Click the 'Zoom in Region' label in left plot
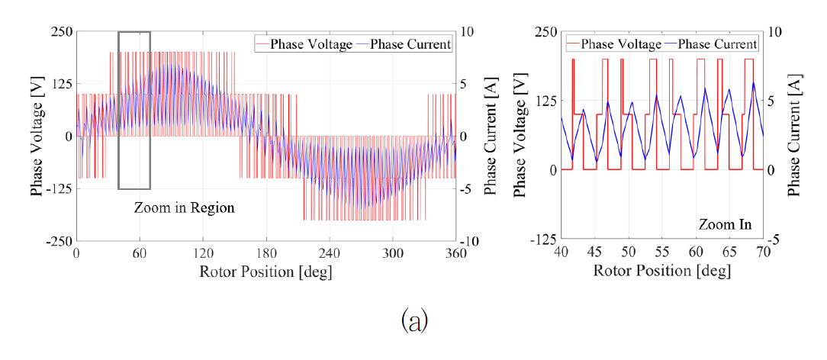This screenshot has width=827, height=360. [x=184, y=207]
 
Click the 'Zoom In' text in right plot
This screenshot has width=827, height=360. [x=725, y=224]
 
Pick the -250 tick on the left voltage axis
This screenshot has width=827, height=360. [x=58, y=241]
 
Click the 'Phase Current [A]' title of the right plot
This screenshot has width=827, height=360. [x=795, y=136]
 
